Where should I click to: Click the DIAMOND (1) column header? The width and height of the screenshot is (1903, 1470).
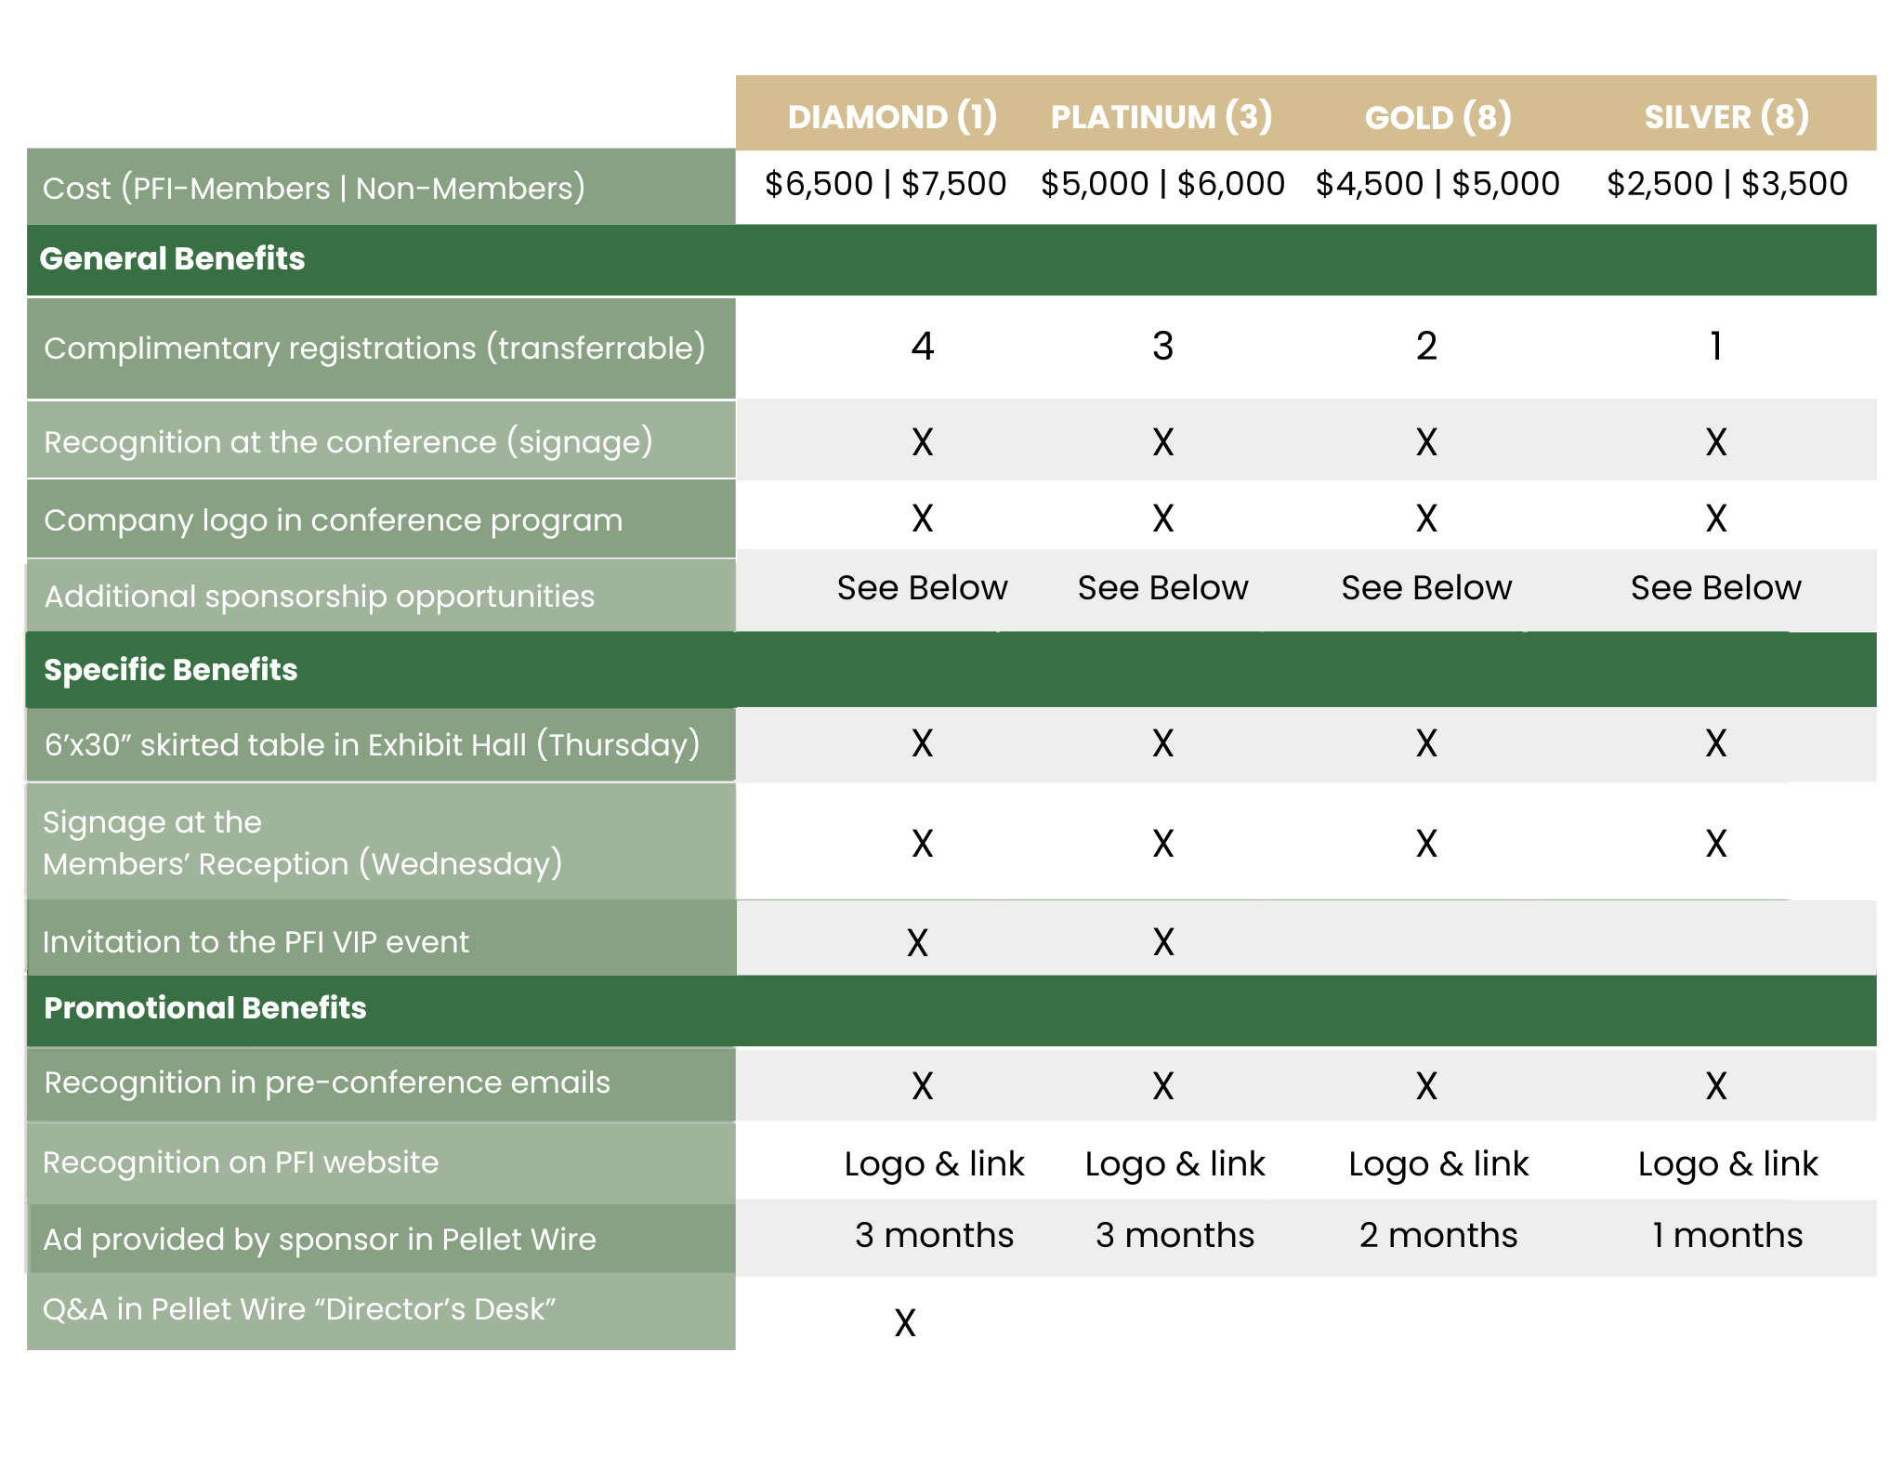point(892,117)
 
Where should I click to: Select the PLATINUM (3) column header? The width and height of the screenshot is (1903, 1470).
point(1161,117)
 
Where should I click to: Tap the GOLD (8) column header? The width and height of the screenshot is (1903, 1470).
point(1437,117)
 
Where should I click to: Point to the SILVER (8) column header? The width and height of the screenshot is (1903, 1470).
point(1726,117)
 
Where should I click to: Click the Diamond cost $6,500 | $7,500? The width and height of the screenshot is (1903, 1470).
point(886,184)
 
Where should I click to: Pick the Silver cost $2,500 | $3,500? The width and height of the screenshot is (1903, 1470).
point(1726,184)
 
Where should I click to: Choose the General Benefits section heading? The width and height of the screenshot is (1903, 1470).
point(173,258)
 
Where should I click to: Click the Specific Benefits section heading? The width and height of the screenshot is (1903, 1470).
point(171,669)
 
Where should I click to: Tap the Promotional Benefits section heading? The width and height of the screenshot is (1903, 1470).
point(205,1007)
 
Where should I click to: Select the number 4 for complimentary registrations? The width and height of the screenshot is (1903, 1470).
point(922,346)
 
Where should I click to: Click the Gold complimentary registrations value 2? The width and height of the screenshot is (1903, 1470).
point(1426,346)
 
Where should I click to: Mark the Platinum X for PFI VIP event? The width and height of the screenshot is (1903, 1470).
point(1163,942)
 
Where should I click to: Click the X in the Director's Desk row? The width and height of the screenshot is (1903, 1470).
point(905,1322)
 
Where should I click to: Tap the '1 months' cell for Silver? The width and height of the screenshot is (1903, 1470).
point(1726,1235)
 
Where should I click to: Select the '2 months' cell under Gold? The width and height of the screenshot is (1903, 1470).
point(1437,1235)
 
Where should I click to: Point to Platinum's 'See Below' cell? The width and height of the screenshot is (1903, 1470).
point(1162,587)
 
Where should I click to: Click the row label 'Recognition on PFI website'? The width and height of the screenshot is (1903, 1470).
point(241,1162)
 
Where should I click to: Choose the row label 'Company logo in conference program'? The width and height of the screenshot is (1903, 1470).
point(333,519)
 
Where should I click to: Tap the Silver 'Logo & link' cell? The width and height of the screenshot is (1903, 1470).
point(1727,1163)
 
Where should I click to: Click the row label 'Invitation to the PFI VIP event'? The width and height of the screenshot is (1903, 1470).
point(256,941)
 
